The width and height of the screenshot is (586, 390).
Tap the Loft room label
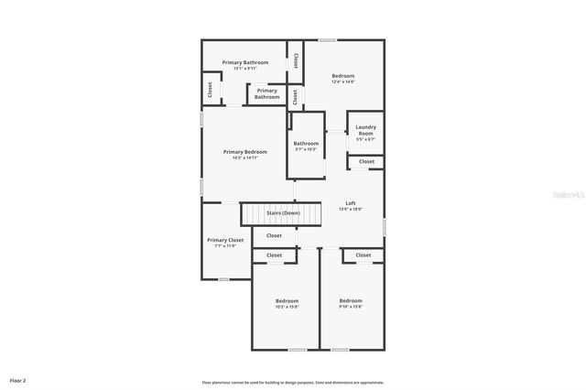click(x=351, y=202)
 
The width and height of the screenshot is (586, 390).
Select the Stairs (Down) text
click(x=283, y=213)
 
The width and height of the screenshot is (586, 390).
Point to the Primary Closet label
click(x=225, y=240)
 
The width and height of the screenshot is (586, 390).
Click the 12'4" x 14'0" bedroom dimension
click(x=343, y=82)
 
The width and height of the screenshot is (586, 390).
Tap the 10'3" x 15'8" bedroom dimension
click(x=287, y=307)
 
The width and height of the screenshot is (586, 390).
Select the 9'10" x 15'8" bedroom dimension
click(x=351, y=307)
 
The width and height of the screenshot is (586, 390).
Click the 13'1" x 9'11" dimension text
click(x=245, y=69)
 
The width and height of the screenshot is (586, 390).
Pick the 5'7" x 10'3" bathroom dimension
click(x=306, y=149)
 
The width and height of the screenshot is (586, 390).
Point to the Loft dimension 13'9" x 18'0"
click(x=351, y=209)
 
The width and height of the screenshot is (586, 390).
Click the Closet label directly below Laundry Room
click(x=366, y=161)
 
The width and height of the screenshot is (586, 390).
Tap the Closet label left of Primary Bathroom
click(x=210, y=90)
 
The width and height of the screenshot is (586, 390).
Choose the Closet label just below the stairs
click(x=274, y=235)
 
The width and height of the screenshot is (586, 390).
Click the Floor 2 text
click(x=18, y=379)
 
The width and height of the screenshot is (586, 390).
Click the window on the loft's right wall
click(x=385, y=225)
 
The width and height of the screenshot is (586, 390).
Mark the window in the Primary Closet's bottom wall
click(x=222, y=279)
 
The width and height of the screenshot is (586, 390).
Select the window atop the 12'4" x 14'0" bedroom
click(x=327, y=39)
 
